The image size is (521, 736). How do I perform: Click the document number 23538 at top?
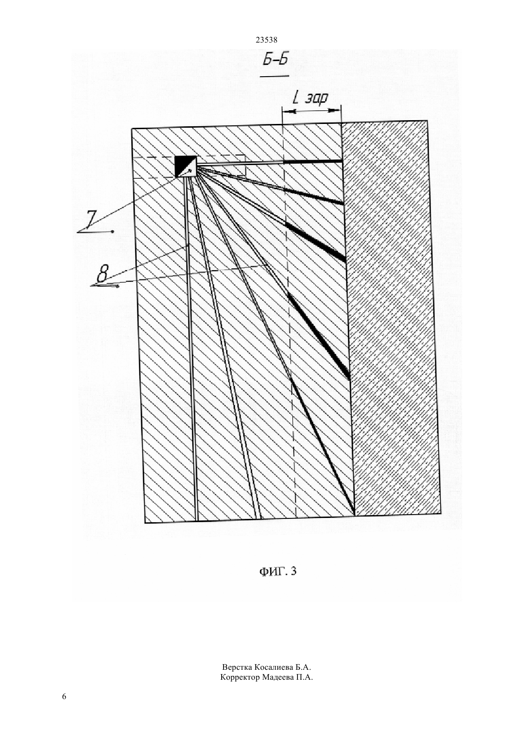pos(266,40)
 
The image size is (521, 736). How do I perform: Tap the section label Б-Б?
pos(276,60)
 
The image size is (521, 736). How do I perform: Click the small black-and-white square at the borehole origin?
pos(186,166)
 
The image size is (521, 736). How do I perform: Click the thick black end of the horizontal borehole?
pos(313,161)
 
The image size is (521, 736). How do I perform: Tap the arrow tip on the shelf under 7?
pos(113,232)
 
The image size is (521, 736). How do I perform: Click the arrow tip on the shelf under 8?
pos(117,287)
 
